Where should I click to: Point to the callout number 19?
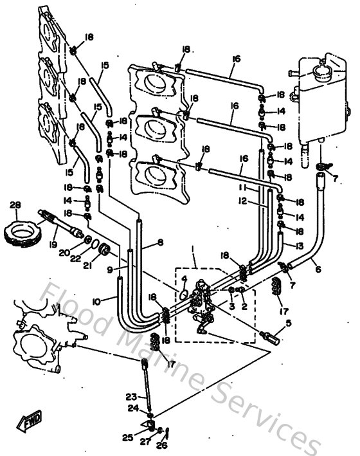(53, 245)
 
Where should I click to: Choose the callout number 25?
(128, 437)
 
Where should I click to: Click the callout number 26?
(161, 443)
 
